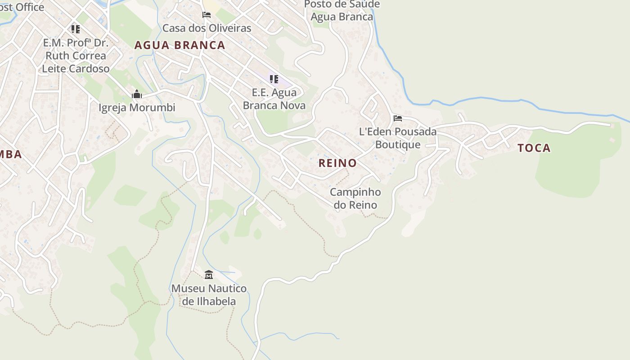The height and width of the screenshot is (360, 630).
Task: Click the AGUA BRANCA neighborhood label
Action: (180, 45)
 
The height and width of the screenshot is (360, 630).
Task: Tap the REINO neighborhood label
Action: (337, 163)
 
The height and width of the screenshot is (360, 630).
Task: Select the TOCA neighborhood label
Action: (534, 148)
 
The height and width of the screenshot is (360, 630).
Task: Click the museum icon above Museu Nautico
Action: (208, 274)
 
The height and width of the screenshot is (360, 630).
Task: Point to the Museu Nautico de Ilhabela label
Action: (209, 295)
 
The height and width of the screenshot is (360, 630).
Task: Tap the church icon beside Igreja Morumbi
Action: (137, 94)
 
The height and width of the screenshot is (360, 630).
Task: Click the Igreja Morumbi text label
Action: (137, 108)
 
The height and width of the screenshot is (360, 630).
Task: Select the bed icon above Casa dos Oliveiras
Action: (207, 15)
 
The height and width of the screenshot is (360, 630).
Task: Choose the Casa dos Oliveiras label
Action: (207, 28)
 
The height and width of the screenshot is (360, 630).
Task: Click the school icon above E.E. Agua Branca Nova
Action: (274, 79)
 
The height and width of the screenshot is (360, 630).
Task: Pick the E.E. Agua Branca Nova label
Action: (274, 99)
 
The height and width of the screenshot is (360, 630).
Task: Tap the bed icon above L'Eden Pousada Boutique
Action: (398, 118)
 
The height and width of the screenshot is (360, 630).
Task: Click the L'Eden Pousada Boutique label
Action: (398, 138)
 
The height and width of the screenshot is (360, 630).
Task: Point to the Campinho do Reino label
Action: (355, 198)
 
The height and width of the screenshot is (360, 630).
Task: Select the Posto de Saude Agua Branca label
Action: (342, 10)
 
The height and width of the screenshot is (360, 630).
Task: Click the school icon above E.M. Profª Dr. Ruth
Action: (75, 29)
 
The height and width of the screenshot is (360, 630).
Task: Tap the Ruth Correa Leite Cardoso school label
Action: (76, 56)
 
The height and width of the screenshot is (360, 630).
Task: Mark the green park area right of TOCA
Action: (580, 166)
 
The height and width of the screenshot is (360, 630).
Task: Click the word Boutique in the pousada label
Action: (398, 145)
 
